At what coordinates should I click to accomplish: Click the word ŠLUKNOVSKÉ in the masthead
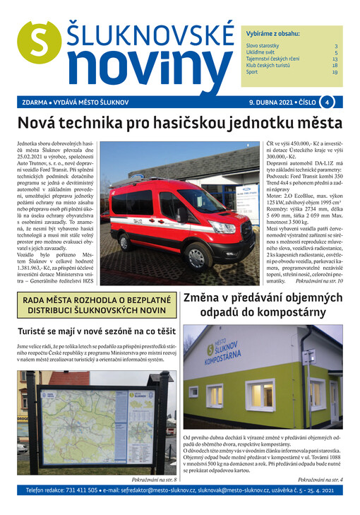150,32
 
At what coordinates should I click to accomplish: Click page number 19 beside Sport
335,72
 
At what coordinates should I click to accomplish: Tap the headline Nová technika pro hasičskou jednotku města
179,123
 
